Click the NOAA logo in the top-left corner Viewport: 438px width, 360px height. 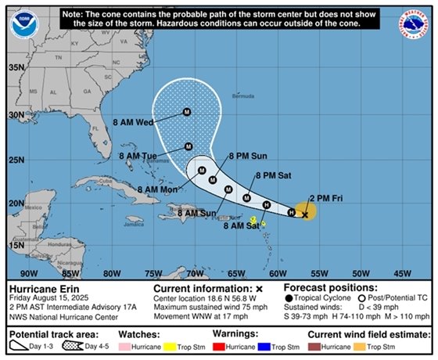click(23, 23)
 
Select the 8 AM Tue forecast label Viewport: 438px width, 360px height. click(138, 156)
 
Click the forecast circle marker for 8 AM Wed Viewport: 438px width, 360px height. click(186, 112)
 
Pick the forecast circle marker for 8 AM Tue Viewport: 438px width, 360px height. click(188, 146)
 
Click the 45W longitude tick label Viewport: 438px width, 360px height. click(402, 273)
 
